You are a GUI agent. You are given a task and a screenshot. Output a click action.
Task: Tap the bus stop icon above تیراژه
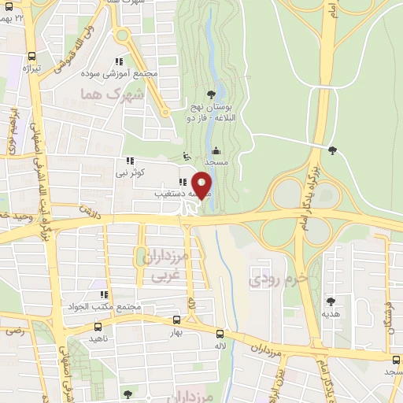[x=31, y=56]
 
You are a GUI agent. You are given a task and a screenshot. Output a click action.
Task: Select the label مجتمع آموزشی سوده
[x=120, y=73]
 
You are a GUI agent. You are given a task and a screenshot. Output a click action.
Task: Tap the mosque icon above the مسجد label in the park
[x=216, y=150]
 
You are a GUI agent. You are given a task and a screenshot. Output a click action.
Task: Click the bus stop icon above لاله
[x=227, y=333]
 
